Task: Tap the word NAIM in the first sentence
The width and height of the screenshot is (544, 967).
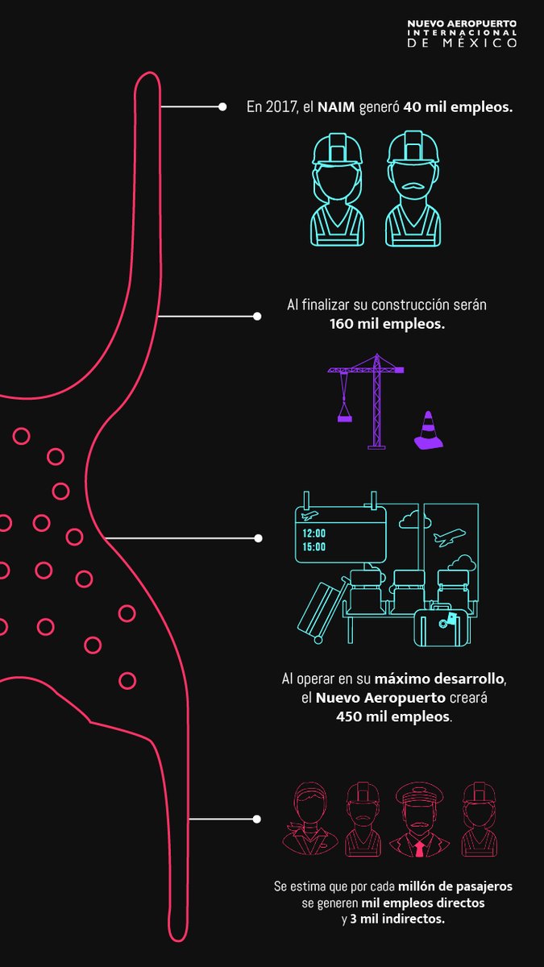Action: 332,106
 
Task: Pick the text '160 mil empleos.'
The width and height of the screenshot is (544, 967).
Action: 376,324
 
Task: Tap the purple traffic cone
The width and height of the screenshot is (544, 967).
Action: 428,430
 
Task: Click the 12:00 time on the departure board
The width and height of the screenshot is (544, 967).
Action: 314,533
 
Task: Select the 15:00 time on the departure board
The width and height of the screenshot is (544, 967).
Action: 314,547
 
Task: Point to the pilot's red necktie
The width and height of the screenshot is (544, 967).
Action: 420,849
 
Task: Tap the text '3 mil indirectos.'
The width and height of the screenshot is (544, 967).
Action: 405,919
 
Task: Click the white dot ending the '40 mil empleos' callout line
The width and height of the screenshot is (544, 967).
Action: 222,106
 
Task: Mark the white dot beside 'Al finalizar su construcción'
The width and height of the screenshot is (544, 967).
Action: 257,316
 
